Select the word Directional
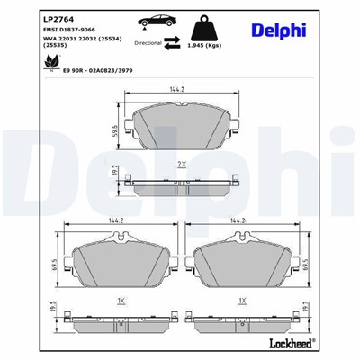[x=148, y=41]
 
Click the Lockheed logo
[x=316, y=344]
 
